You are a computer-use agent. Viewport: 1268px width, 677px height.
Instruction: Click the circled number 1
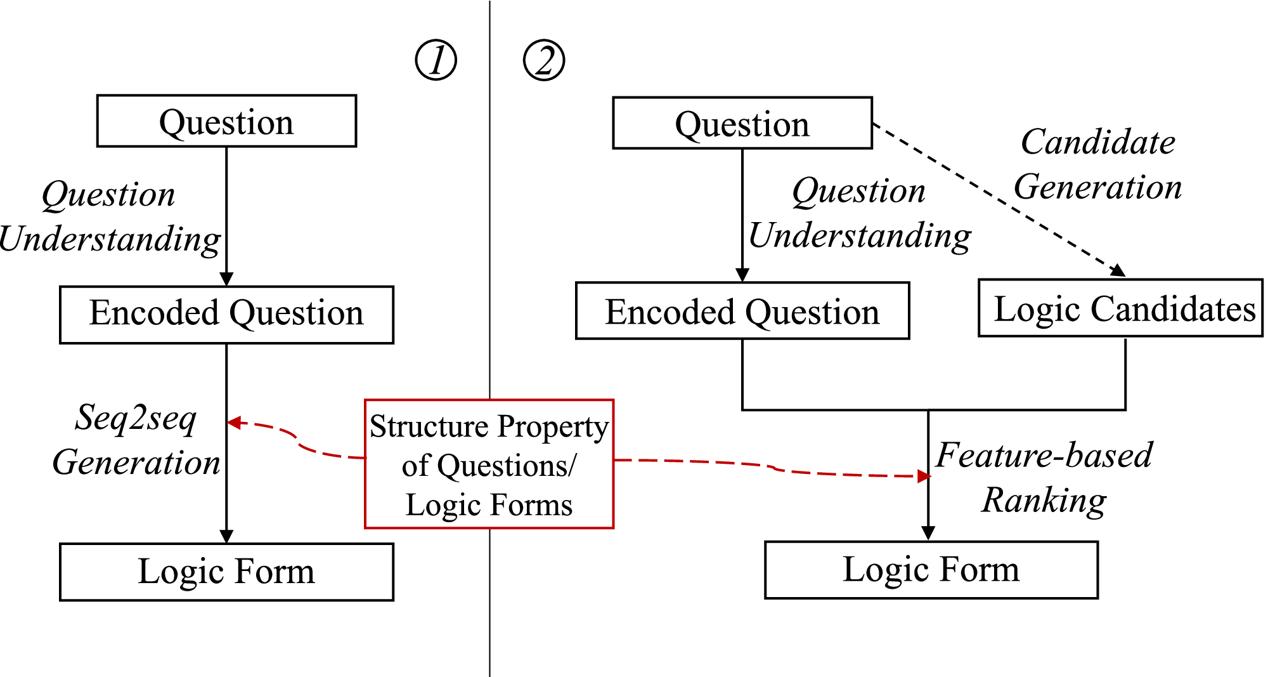point(436,60)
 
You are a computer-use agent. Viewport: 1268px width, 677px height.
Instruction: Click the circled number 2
point(543,60)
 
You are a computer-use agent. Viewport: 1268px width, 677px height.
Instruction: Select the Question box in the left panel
point(226,121)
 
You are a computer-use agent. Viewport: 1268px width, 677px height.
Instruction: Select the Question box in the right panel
point(742,123)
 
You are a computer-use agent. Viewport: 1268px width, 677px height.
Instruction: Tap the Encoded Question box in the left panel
point(226,314)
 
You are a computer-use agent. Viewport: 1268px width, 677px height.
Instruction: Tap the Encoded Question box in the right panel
point(742,311)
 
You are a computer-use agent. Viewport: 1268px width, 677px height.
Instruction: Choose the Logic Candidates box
point(1120,308)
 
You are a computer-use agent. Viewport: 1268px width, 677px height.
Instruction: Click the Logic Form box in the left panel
point(226,571)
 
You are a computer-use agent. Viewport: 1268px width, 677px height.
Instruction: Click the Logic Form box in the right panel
point(931,569)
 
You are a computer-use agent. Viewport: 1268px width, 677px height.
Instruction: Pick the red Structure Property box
point(489,464)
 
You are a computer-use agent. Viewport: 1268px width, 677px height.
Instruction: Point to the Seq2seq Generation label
point(136,440)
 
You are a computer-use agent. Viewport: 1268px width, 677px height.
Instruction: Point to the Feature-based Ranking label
point(1044,477)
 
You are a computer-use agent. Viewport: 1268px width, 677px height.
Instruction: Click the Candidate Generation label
point(1097,164)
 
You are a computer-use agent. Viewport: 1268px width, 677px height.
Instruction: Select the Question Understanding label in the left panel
point(110,216)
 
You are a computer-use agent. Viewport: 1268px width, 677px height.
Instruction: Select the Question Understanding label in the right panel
point(859,213)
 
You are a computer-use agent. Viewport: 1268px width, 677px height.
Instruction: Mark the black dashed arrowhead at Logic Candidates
point(1118,270)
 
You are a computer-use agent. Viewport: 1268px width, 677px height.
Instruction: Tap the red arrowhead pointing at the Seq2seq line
point(234,423)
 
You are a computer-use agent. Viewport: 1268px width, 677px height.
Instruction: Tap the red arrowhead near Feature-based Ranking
point(924,476)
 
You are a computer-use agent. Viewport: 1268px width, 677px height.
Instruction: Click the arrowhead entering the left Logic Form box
point(226,536)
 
